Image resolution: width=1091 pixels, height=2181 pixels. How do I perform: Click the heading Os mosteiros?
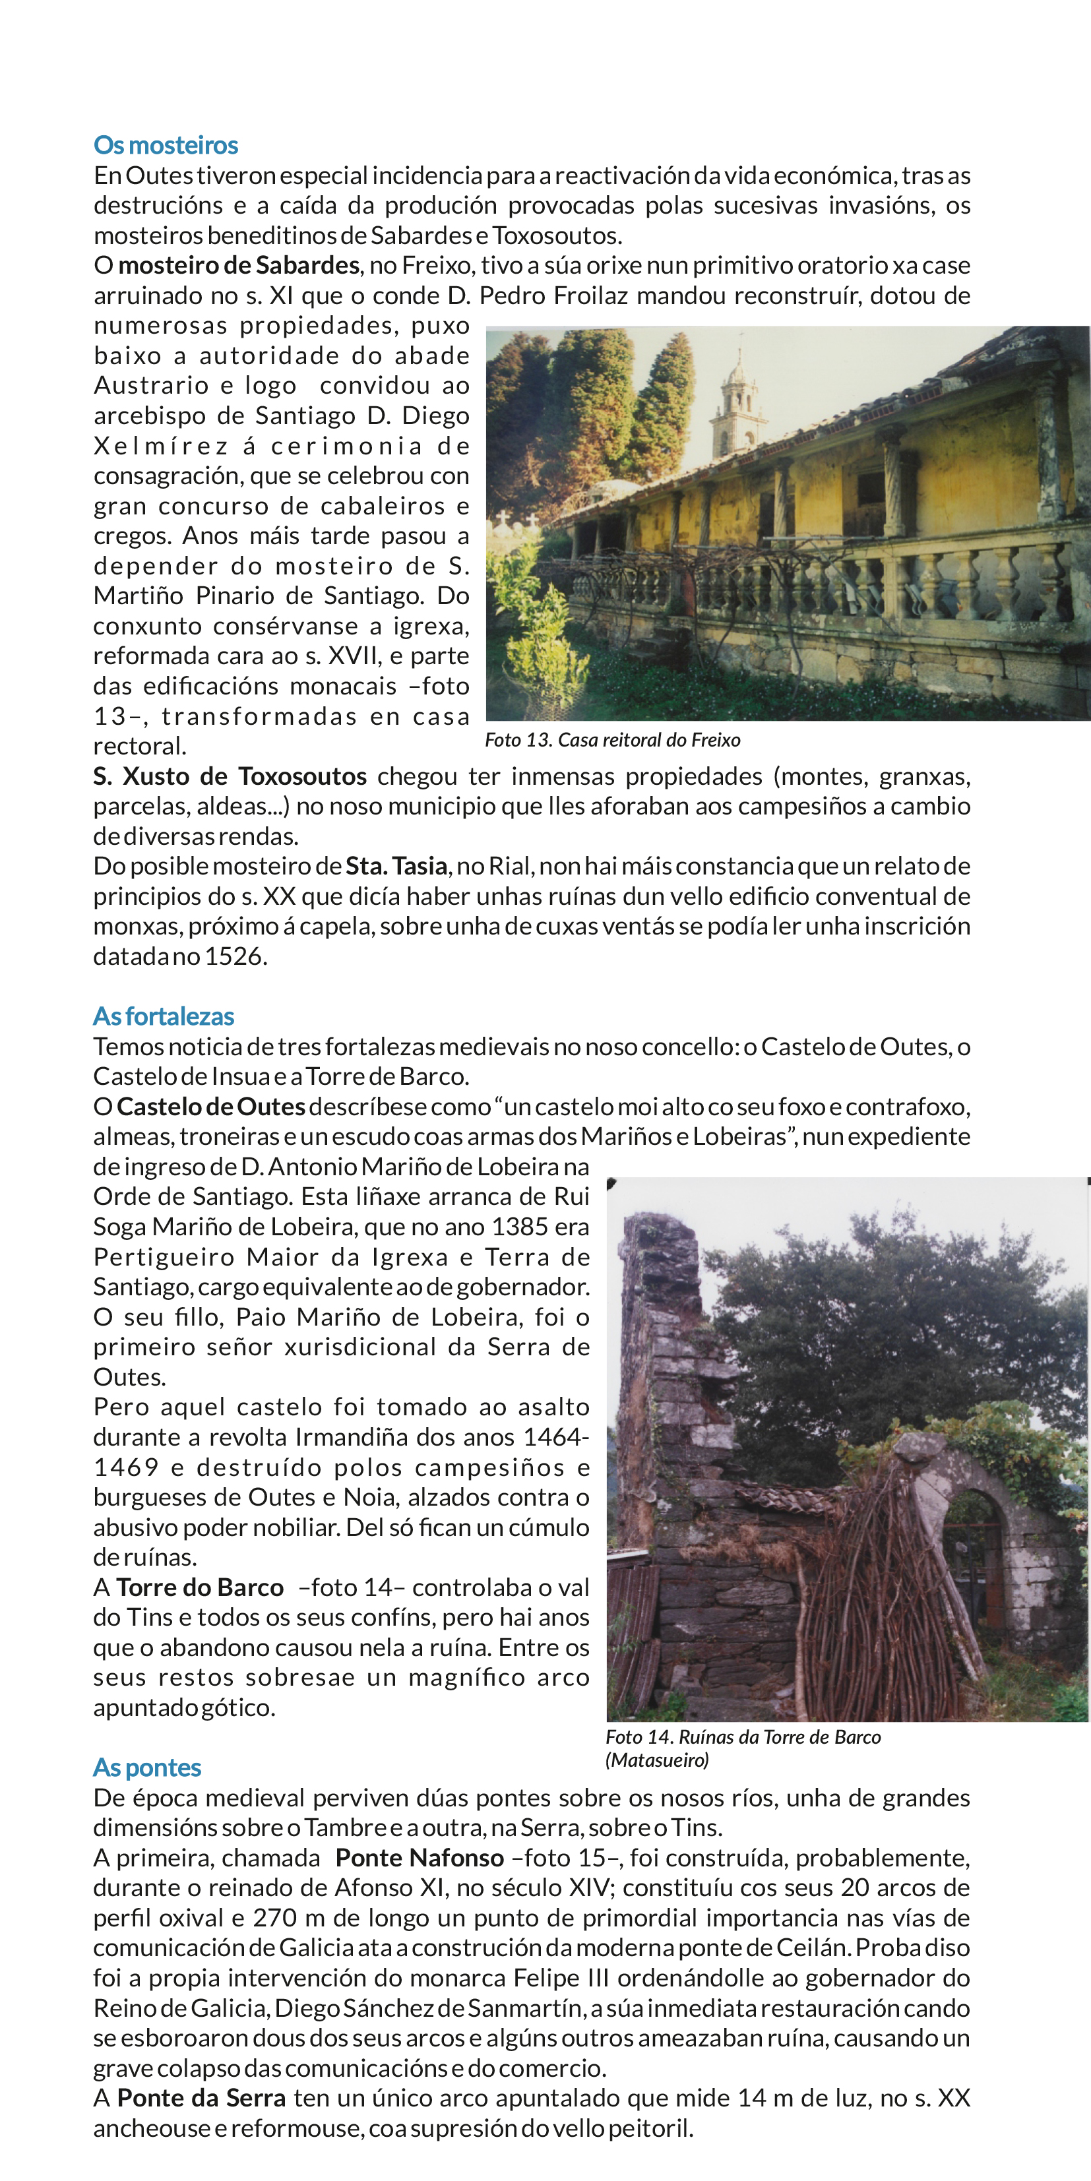[166, 146]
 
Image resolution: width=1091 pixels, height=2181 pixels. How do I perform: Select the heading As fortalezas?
[164, 1016]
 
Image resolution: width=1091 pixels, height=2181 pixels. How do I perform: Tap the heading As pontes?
[147, 1768]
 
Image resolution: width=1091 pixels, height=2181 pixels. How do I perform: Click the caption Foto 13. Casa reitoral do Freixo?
[612, 740]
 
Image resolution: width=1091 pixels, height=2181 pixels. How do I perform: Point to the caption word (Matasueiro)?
[658, 1760]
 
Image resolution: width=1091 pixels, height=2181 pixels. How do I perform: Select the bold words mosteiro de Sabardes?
[239, 266]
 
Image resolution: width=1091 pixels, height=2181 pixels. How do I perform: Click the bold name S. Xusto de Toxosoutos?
[230, 776]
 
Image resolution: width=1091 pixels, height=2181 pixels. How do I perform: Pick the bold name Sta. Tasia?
[396, 866]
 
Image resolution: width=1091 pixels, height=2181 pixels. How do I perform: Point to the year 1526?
[235, 957]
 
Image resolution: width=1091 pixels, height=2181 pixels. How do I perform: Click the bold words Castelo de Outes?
[211, 1107]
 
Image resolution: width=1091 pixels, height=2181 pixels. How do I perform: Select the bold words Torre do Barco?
[200, 1587]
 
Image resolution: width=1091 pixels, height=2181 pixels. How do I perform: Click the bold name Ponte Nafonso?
[420, 1858]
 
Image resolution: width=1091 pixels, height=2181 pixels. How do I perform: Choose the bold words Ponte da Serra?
[202, 2098]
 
